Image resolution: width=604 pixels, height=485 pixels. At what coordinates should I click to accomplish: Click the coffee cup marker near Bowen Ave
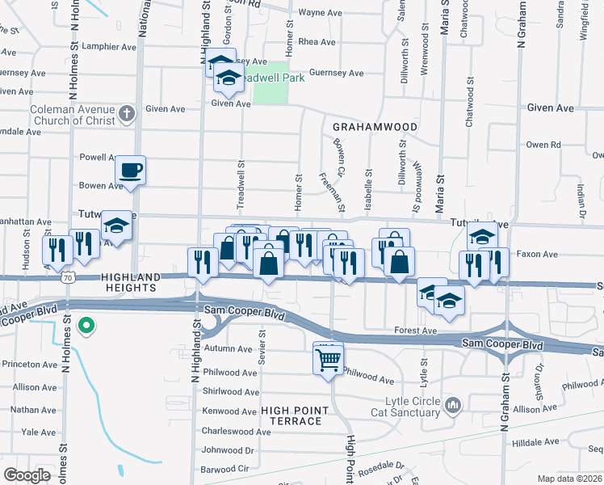[x=131, y=171]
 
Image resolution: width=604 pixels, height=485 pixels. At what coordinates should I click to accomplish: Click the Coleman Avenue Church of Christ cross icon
[x=126, y=113]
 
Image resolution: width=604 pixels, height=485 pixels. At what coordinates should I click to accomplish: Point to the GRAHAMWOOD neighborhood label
[x=375, y=128]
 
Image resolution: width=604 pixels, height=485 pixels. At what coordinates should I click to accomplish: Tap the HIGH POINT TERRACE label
[x=292, y=415]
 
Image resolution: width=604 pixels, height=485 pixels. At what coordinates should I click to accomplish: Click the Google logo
[x=27, y=474]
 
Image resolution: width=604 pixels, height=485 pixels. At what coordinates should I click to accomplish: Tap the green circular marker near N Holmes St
[x=87, y=327]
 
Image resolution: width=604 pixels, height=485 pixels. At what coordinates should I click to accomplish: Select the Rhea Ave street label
[x=317, y=42]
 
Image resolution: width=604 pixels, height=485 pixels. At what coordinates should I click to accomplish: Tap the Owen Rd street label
[x=543, y=145]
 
